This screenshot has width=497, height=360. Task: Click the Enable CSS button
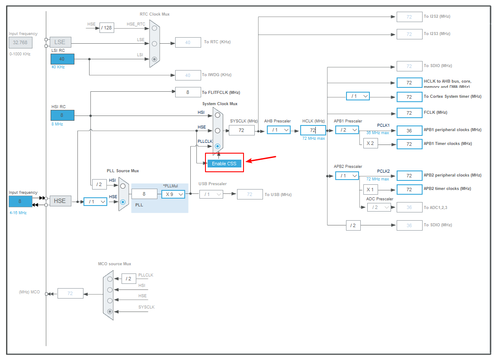click(x=224, y=164)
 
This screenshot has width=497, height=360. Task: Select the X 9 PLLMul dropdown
click(x=173, y=194)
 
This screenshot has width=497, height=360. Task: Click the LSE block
click(x=61, y=42)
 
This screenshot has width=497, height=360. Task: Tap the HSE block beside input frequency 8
click(x=61, y=201)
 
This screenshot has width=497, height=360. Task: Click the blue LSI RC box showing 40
click(x=62, y=59)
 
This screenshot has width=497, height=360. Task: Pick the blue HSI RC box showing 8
click(x=62, y=115)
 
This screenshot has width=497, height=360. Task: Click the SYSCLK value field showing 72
click(x=241, y=130)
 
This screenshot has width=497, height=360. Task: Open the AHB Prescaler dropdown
click(x=278, y=130)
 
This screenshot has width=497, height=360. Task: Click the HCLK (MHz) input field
click(x=313, y=130)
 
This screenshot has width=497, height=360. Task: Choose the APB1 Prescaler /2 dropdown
click(x=347, y=130)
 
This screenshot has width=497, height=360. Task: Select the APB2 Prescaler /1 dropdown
click(x=347, y=175)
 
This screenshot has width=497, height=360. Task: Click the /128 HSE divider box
click(x=106, y=28)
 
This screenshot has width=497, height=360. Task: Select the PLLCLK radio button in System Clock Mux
click(x=218, y=146)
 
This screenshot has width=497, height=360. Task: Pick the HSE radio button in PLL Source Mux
click(x=123, y=202)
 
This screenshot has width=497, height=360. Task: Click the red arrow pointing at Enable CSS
click(x=261, y=159)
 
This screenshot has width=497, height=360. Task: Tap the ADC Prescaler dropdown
click(x=378, y=207)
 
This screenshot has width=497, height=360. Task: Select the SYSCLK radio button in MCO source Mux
click(x=110, y=311)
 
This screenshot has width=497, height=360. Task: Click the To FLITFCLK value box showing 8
click(x=188, y=92)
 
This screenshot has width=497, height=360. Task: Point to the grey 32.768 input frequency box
click(x=20, y=42)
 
